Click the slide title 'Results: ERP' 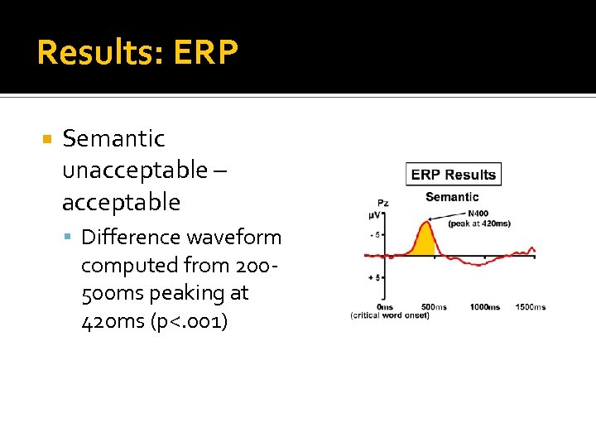click(x=137, y=53)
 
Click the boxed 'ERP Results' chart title click(x=453, y=175)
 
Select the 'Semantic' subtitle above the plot click(x=452, y=197)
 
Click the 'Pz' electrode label click(x=382, y=203)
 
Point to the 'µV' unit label click(x=376, y=215)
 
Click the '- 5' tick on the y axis click(x=375, y=235)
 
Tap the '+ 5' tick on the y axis click(x=375, y=277)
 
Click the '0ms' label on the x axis click(x=385, y=307)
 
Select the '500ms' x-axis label click(x=434, y=307)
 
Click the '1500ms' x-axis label click(x=530, y=307)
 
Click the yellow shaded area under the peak click(x=425, y=243)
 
